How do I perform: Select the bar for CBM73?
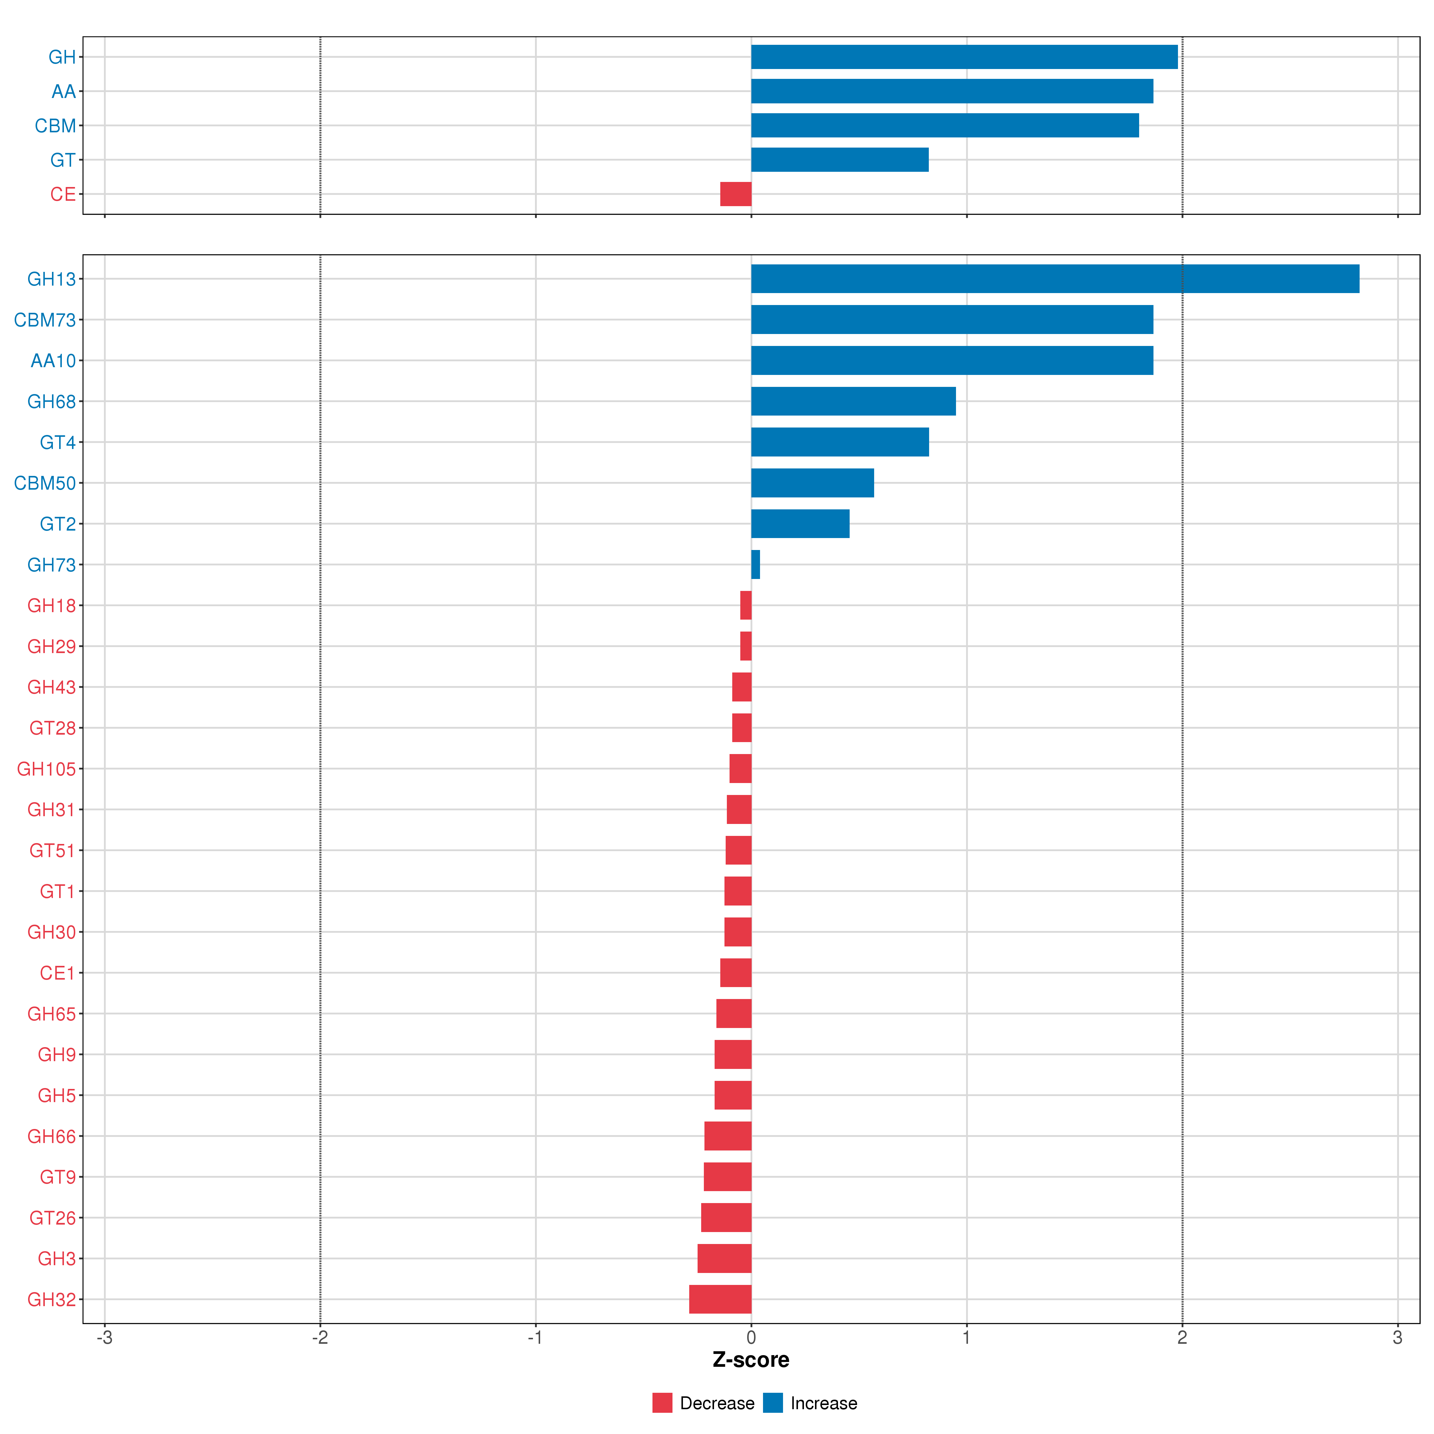(952, 320)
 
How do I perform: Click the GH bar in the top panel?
(963, 57)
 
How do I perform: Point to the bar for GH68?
(853, 402)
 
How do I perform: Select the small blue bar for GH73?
(756, 565)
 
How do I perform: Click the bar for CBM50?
(812, 483)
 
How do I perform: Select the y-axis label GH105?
(46, 769)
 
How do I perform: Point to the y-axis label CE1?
(57, 973)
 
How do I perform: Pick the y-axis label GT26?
(52, 1218)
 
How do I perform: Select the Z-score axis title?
(750, 1360)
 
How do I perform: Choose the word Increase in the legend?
(823, 1403)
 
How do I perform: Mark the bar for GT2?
(800, 524)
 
